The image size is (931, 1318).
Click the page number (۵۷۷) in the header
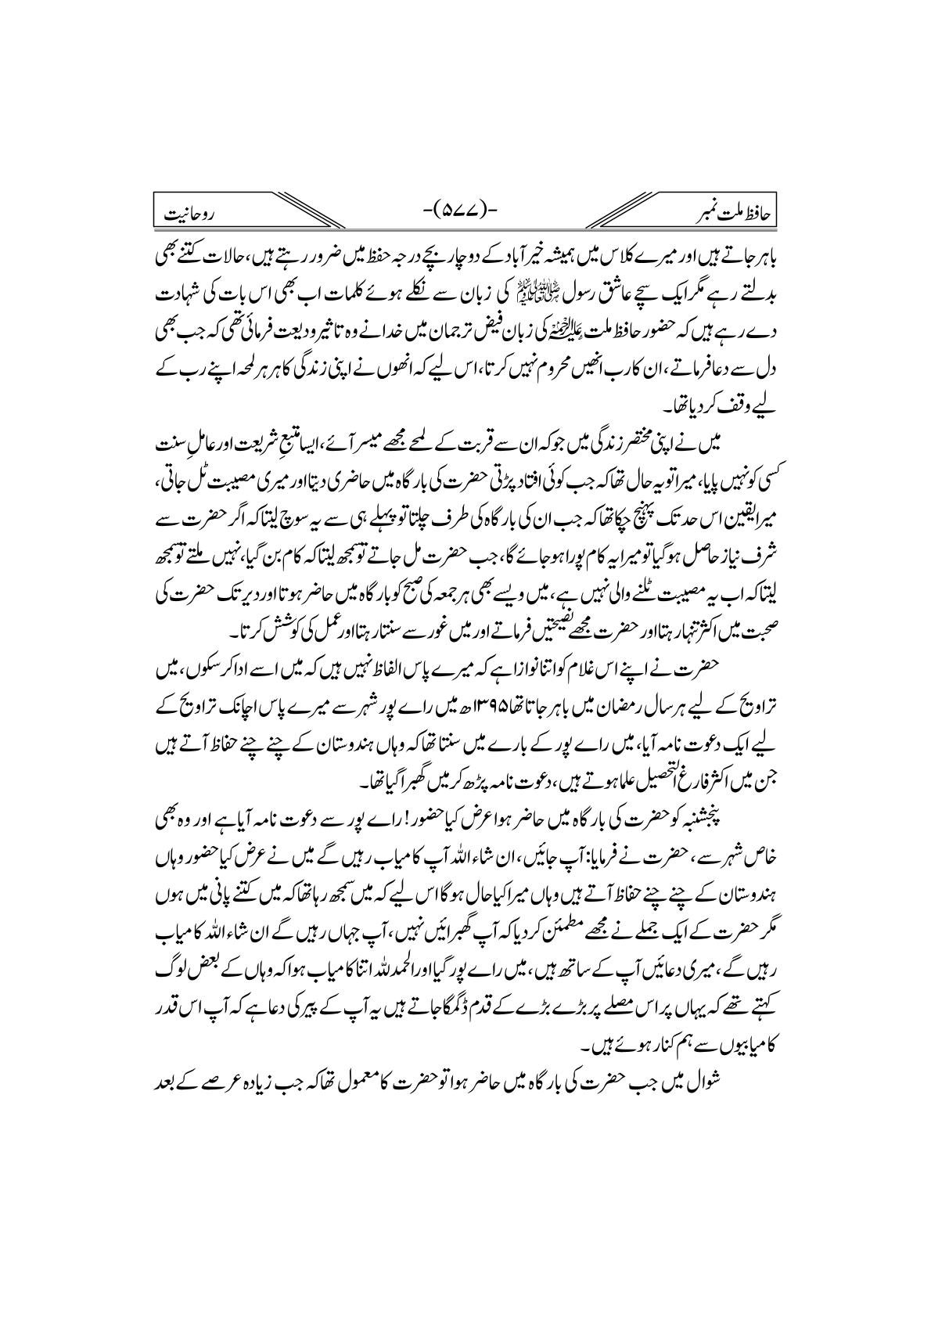point(465,210)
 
